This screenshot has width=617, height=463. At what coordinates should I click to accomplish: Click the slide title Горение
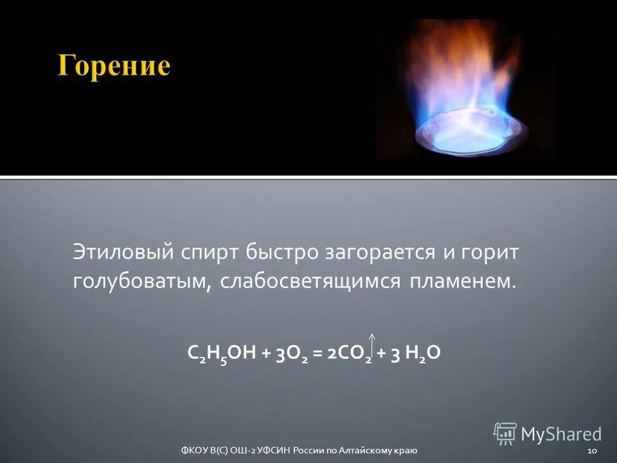click(x=114, y=67)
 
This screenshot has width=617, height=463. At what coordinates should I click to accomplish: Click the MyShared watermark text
click(x=560, y=434)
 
